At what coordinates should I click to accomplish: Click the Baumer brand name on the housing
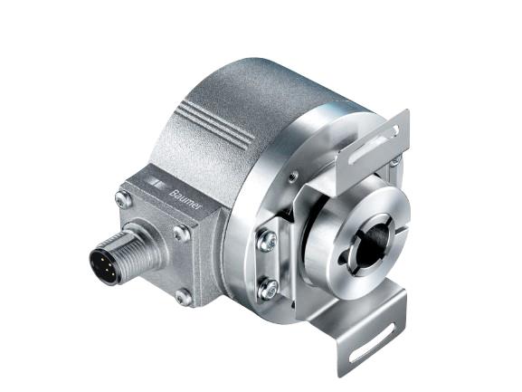pyautogui.click(x=185, y=200)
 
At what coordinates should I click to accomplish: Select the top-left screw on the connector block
pyautogui.click(x=123, y=200)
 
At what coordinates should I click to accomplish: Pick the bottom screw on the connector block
pyautogui.click(x=184, y=297)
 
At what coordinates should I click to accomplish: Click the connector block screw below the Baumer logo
pyautogui.click(x=182, y=234)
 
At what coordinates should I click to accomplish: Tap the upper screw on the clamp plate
pyautogui.click(x=267, y=241)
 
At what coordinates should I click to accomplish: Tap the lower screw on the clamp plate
pyautogui.click(x=269, y=288)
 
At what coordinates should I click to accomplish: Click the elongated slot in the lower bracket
pyautogui.click(x=374, y=342)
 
